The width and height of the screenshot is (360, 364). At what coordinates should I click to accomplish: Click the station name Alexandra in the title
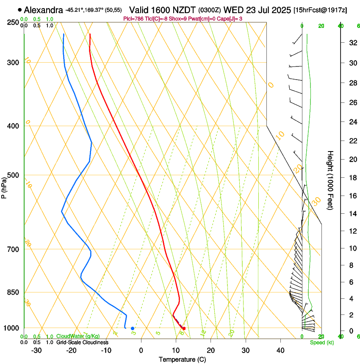click(44, 10)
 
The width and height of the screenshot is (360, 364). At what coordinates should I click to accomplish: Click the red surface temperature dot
click(184, 328)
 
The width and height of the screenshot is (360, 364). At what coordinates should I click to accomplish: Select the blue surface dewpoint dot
click(133, 328)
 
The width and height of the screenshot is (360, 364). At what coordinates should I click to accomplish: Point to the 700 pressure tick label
click(12, 249)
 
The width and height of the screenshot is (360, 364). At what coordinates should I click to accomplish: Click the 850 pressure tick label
click(12, 292)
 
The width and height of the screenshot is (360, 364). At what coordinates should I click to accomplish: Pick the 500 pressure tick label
click(12, 175)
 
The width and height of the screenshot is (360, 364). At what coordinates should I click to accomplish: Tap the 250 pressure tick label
click(12, 22)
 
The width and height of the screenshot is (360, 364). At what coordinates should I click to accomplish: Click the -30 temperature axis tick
click(36, 350)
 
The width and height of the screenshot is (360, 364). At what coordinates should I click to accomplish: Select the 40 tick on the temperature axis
click(280, 350)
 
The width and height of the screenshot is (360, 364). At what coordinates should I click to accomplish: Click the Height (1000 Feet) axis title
click(330, 180)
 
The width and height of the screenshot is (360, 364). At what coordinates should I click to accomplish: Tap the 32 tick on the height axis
click(352, 43)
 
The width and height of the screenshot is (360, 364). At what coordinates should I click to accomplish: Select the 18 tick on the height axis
click(352, 178)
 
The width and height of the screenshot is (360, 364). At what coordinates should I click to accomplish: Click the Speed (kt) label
click(321, 342)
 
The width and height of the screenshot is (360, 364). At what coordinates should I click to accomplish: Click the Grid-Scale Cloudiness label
click(82, 342)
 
